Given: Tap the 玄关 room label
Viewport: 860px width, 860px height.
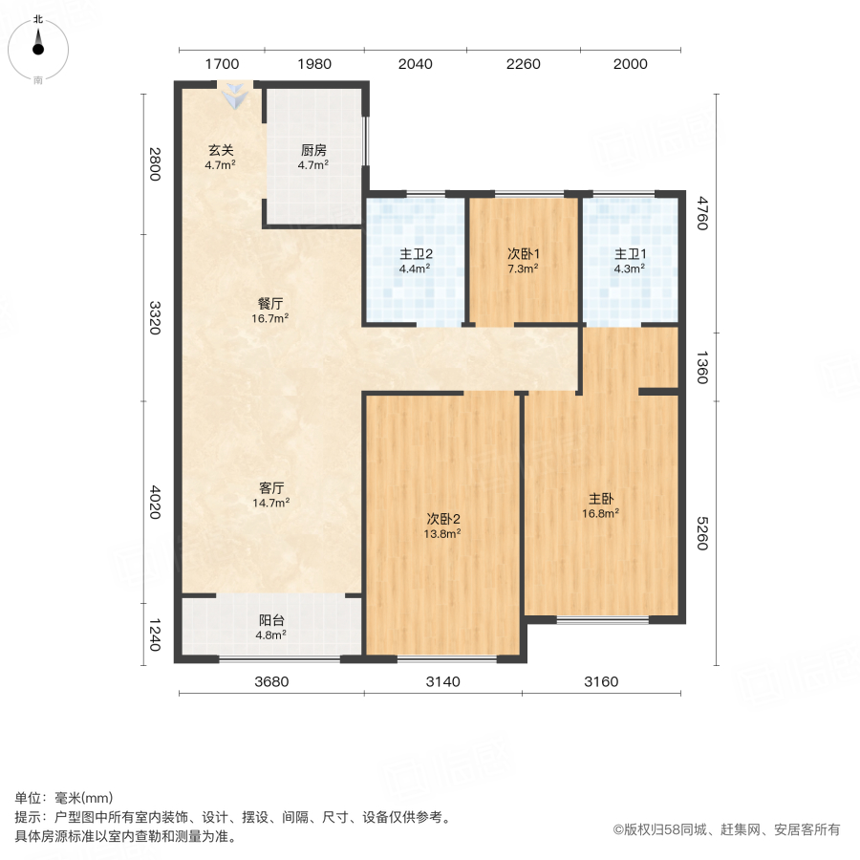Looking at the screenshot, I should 221,150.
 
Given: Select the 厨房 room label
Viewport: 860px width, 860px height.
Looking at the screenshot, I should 313,150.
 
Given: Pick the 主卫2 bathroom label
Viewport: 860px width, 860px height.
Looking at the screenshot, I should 416,254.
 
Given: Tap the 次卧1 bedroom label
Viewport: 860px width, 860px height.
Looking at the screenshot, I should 523,254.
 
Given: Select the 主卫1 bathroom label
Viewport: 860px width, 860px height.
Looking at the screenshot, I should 630,254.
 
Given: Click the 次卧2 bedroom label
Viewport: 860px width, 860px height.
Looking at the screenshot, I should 444,519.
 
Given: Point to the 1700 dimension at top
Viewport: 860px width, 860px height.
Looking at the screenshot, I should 222,64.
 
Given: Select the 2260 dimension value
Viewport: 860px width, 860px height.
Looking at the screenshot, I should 524,64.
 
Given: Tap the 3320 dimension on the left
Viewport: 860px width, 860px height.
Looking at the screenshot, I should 155,317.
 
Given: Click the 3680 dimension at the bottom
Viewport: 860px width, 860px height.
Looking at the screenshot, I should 272,681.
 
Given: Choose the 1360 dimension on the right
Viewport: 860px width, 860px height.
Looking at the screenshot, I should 702,367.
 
